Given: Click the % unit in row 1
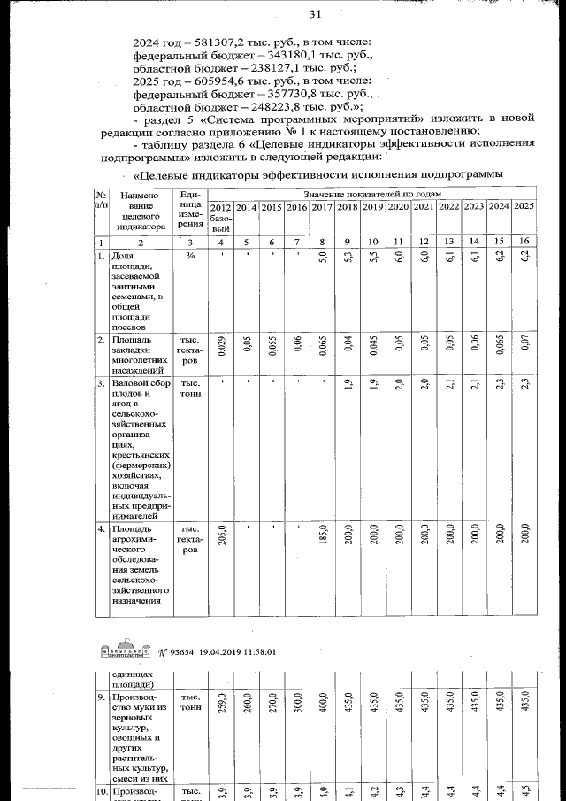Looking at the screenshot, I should (x=189, y=256).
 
